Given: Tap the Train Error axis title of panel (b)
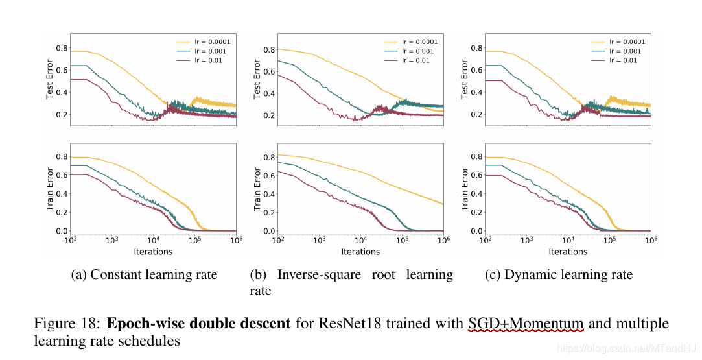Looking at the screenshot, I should [x=257, y=190].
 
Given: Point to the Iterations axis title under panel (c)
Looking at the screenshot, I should [x=568, y=252].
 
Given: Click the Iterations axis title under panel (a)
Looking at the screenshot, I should [x=153, y=252].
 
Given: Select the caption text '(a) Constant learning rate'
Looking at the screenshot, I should [x=144, y=274].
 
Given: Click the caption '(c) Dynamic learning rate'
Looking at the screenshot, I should [x=558, y=274].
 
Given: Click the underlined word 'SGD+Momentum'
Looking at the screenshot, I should [x=526, y=323].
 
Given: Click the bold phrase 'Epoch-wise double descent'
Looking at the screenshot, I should [x=198, y=323].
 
